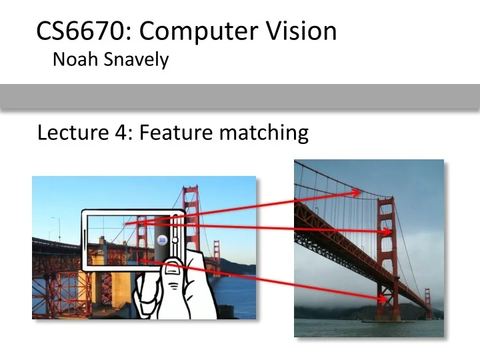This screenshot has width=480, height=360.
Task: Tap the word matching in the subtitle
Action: pyautogui.click(x=264, y=133)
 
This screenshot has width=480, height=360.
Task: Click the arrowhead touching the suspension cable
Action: pyautogui.click(x=357, y=193)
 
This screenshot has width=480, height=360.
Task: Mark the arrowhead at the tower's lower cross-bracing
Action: pyautogui.click(x=382, y=299)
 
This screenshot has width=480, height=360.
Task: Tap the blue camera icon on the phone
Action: pyautogui.click(x=161, y=241)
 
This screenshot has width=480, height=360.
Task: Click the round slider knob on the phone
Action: pyautogui.click(x=175, y=240)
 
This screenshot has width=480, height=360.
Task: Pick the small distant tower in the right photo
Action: pyautogui.click(x=429, y=304)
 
